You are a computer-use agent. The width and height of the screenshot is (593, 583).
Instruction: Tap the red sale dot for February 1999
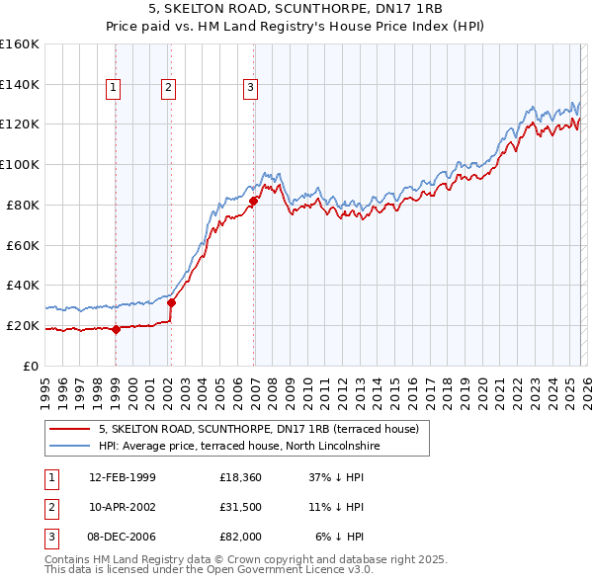point(116,329)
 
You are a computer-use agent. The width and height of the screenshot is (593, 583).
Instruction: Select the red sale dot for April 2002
point(171,302)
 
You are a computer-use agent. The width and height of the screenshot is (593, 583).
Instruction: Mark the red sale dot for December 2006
point(253,201)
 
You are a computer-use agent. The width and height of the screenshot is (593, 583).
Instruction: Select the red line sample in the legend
point(69,429)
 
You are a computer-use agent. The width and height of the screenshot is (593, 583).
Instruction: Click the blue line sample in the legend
point(69,446)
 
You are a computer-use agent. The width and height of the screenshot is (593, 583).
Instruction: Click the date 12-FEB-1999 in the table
point(122,478)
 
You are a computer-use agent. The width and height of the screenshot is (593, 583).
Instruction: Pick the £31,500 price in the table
point(240,508)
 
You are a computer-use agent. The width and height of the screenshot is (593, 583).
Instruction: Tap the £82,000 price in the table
point(240,537)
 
